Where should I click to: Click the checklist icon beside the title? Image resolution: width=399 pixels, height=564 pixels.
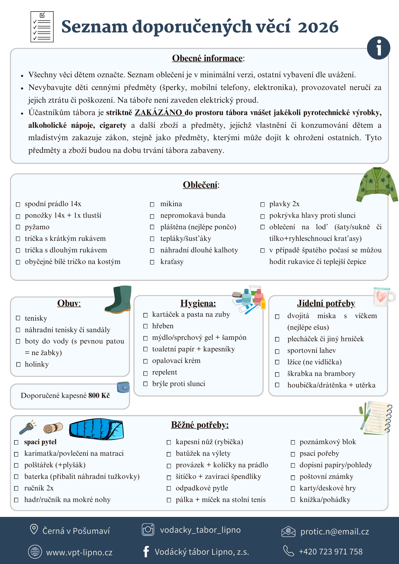click(42, 27)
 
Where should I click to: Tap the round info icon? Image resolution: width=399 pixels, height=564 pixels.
click(378, 48)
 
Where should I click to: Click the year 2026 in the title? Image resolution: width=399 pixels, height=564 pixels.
click(318, 27)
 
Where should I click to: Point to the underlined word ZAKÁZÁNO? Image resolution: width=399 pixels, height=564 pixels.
click(159, 113)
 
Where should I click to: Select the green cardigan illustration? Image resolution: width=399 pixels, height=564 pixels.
click(377, 185)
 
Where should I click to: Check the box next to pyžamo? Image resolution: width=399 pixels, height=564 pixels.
click(18, 227)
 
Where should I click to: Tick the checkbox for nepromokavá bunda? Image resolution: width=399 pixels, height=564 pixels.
click(152, 216)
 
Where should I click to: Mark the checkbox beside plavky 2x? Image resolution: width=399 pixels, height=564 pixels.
click(262, 204)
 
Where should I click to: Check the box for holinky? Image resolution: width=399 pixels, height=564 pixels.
click(18, 364)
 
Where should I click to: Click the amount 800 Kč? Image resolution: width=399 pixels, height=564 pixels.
click(99, 395)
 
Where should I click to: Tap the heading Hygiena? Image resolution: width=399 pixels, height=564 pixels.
click(198, 303)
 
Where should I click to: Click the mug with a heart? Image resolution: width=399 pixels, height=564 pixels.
click(383, 297)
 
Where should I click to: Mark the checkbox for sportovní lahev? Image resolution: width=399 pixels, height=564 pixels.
click(277, 351)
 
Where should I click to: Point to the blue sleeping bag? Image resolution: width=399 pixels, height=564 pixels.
click(97, 429)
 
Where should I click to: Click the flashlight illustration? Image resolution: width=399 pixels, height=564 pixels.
click(27, 428)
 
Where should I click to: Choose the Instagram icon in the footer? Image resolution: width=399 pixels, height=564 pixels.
click(148, 530)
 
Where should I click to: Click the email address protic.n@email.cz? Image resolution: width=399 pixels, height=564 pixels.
click(335, 532)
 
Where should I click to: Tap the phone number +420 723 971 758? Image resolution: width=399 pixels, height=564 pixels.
click(331, 551)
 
